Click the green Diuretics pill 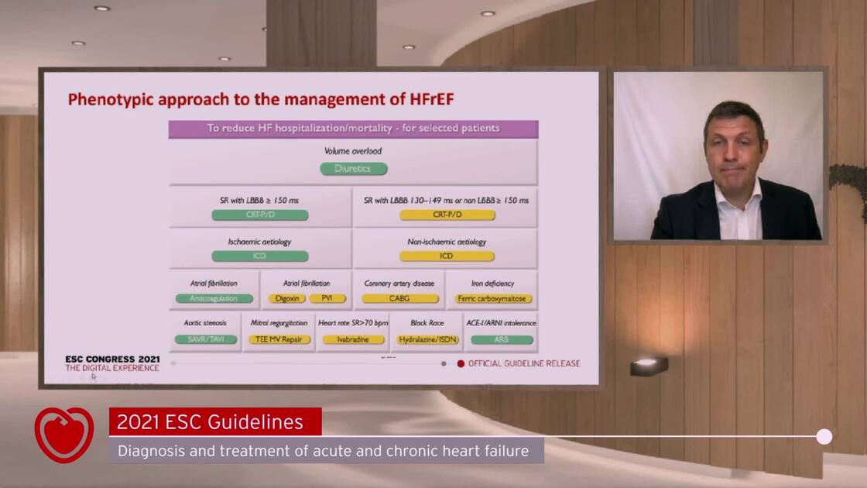[353, 169]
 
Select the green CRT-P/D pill [260, 215]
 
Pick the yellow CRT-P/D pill [447, 215]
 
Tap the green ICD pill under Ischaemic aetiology [260, 256]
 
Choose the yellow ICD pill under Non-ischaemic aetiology [447, 256]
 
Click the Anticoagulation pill [214, 298]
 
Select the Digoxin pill [287, 298]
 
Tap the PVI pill [327, 298]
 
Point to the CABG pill [400, 298]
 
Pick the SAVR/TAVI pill [206, 339]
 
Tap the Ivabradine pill [353, 339]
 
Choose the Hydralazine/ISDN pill [427, 339]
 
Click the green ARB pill [502, 339]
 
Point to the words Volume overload [353, 151]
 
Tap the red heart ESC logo [63, 435]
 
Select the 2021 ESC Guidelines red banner [215, 422]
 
